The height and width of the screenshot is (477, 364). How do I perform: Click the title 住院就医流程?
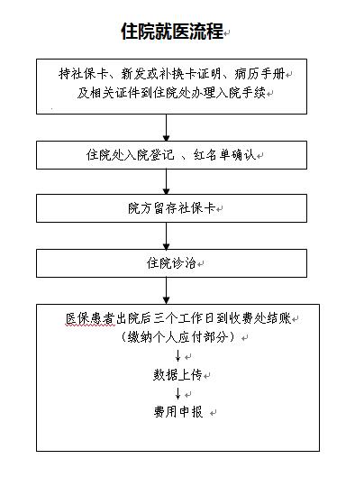(172, 31)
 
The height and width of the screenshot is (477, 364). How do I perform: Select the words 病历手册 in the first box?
(259, 74)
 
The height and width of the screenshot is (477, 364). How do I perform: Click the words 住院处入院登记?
(130, 155)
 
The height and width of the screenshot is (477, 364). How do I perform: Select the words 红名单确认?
(224, 155)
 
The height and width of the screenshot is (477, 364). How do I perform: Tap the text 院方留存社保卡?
(172, 208)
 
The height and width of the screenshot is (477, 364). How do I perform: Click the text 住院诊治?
(171, 263)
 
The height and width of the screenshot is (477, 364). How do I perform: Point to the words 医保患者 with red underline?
(90, 318)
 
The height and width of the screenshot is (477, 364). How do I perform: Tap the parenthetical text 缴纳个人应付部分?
(177, 337)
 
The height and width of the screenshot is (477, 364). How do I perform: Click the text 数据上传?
(177, 375)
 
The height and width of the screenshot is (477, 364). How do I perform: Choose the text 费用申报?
(178, 412)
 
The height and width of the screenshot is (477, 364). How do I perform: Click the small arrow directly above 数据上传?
(178, 355)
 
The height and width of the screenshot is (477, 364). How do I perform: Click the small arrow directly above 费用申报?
(178, 393)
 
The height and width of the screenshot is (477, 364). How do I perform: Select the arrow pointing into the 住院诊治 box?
(166, 235)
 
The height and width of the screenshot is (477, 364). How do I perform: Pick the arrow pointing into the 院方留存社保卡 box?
(166, 182)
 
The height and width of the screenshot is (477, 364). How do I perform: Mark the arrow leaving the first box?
(166, 128)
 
